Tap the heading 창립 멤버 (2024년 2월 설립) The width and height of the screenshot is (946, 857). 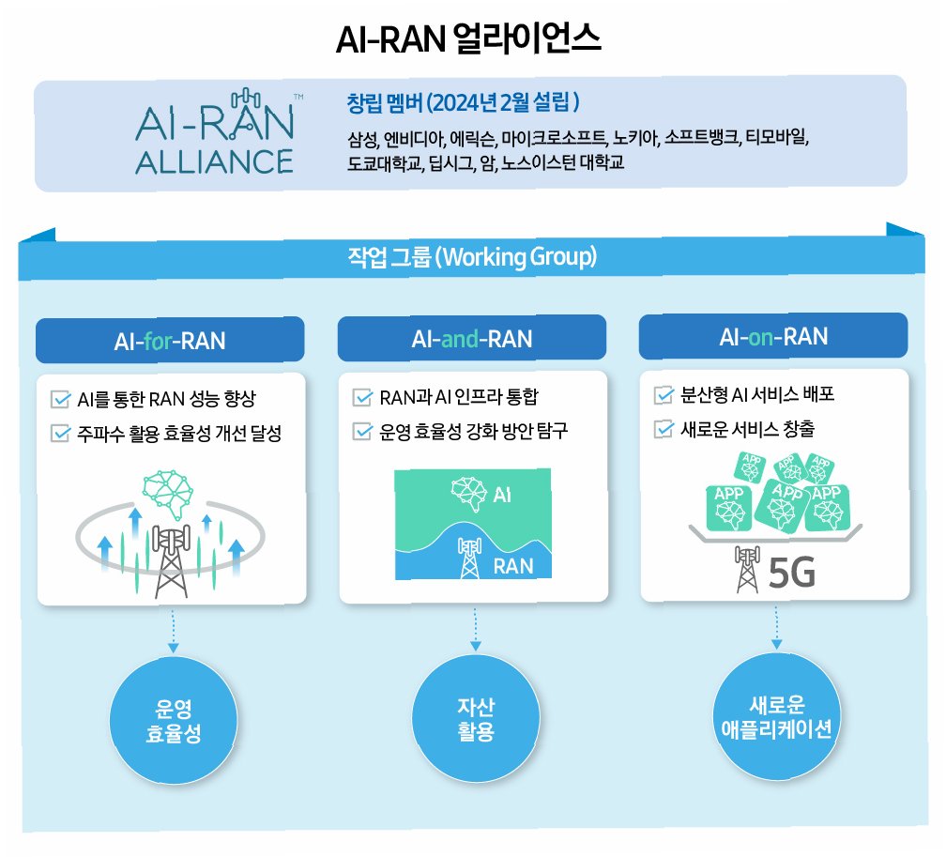click(464, 100)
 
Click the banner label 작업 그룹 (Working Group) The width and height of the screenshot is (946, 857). click(472, 256)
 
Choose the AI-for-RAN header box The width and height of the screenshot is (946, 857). click(170, 340)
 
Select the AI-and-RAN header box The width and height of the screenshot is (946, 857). click(471, 338)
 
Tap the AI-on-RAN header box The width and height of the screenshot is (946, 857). click(773, 336)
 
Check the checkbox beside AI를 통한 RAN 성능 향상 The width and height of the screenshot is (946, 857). click(62, 399)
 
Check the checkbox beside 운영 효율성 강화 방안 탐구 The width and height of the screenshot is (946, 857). click(362, 431)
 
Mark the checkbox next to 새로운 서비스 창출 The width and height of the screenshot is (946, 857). click(664, 429)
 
